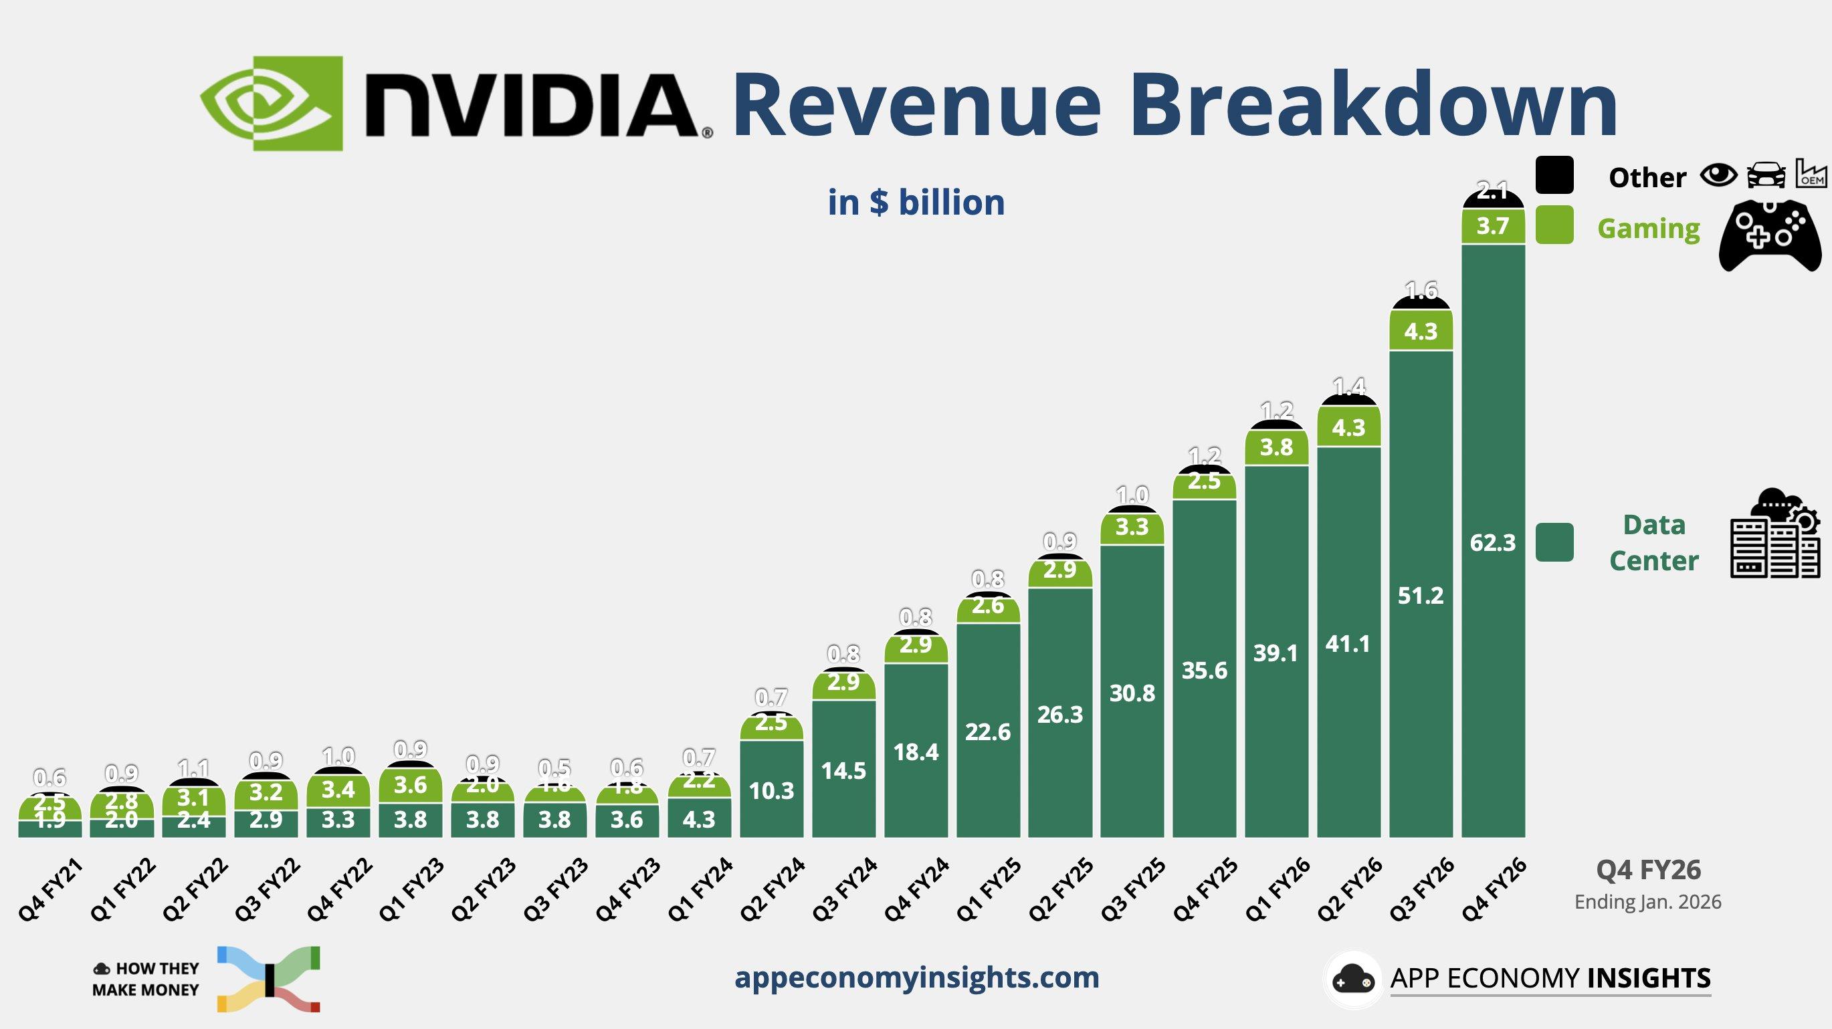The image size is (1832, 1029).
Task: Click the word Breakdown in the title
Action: click(1372, 105)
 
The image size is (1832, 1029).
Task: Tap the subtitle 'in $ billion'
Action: click(916, 203)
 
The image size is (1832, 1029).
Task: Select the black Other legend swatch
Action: click(1554, 175)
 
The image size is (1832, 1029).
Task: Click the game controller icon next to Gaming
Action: click(1769, 235)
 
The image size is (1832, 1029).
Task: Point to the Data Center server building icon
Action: click(1774, 535)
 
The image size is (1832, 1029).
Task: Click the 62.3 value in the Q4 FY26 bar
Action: click(1493, 544)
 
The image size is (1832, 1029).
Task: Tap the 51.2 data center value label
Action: click(1420, 596)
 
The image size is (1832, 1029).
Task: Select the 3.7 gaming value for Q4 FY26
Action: click(1492, 226)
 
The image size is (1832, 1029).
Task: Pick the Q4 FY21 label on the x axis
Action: click(50, 889)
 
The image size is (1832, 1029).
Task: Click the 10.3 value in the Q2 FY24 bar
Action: click(772, 791)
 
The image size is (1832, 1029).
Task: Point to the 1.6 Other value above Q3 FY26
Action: click(1421, 290)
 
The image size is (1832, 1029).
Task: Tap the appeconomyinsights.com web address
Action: click(916, 977)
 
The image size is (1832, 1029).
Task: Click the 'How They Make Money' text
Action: click(146, 980)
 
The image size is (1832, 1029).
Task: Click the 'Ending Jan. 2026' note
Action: click(1648, 903)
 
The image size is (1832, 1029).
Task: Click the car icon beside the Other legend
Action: click(1766, 175)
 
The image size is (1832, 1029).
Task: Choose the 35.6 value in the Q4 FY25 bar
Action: click(1204, 671)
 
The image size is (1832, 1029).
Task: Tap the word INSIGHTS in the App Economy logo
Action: click(1649, 978)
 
